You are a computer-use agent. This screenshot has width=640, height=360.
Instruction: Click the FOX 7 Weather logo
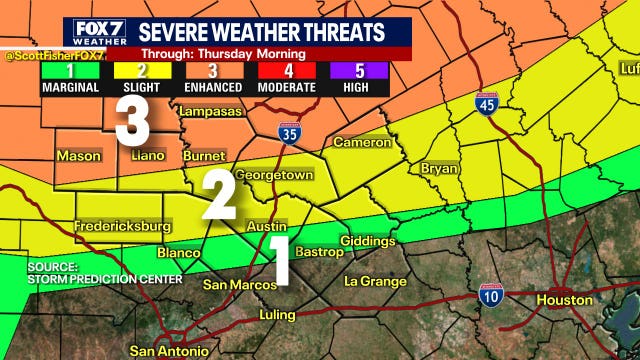tap(97, 32)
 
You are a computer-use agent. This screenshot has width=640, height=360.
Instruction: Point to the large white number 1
tap(280, 259)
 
